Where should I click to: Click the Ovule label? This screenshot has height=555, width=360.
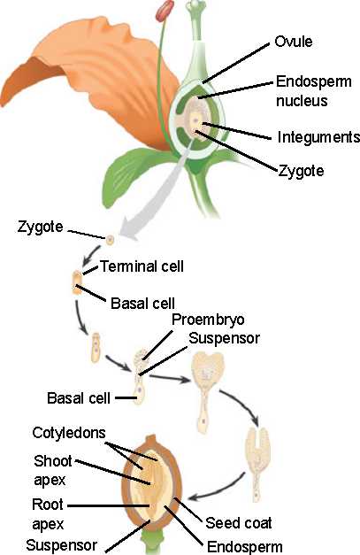(x=294, y=42)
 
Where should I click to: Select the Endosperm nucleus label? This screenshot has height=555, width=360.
(x=314, y=91)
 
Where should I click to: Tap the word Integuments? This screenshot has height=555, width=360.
(x=318, y=137)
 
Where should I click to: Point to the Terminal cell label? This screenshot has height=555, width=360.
(x=142, y=266)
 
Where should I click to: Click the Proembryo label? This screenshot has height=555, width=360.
(x=208, y=320)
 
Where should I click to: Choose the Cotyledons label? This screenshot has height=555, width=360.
(x=69, y=433)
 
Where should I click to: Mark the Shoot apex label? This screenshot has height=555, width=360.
(x=53, y=470)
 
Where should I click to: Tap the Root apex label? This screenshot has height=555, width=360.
(x=48, y=514)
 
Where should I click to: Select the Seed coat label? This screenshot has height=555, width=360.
(x=239, y=523)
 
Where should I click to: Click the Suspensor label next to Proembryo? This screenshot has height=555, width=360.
(x=224, y=338)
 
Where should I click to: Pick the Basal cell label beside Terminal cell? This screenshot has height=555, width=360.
(x=143, y=304)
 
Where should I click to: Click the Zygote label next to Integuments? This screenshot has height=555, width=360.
(x=301, y=171)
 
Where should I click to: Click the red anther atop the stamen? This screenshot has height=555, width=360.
(x=165, y=10)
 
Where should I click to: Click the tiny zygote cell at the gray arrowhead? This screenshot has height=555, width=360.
(x=111, y=240)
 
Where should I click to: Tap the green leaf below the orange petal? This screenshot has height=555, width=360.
(x=134, y=173)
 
